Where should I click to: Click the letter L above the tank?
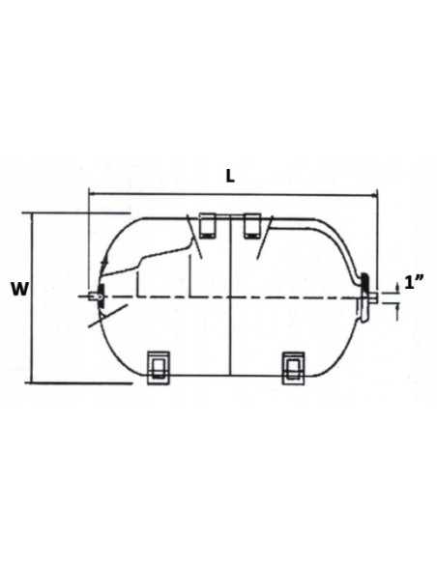229,177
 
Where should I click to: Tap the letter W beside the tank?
17,288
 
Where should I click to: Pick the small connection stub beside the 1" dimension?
375,296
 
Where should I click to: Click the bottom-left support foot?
157,365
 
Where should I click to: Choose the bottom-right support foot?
293,365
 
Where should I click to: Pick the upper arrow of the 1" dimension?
396,286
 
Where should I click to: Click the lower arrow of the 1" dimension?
396,306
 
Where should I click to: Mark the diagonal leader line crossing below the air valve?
113,312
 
